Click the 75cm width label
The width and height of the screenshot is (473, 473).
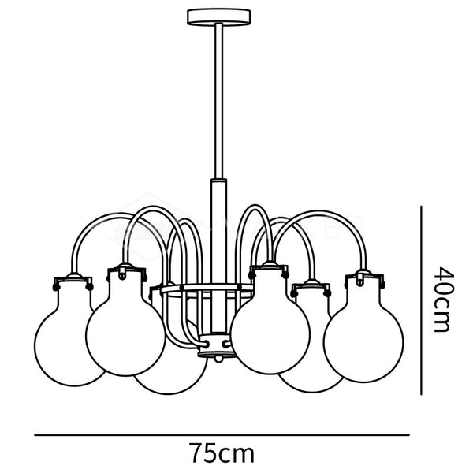(x=222, y=453)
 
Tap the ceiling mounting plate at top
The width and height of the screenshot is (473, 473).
(x=218, y=17)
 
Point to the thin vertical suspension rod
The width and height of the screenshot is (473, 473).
(x=218, y=102)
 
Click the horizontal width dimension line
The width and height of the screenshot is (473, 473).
(x=222, y=435)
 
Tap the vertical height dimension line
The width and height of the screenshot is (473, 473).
(x=421, y=300)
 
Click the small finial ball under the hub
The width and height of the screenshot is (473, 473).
(x=218, y=359)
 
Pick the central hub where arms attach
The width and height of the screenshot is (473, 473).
(x=218, y=345)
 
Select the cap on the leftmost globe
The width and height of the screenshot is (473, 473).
(x=73, y=281)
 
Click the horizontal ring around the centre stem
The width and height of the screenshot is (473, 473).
(x=207, y=289)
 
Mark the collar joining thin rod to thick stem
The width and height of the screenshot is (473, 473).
(x=218, y=181)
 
